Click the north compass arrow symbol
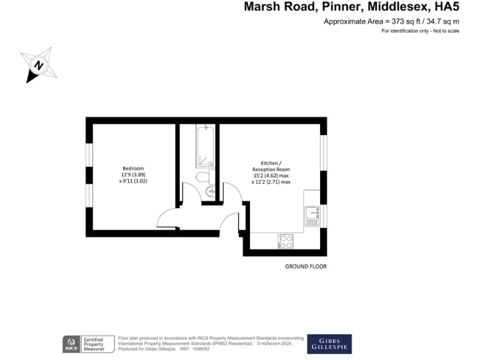click(x=38, y=65)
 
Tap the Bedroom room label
click(x=133, y=168)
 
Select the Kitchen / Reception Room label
click(x=271, y=166)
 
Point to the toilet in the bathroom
click(x=204, y=177)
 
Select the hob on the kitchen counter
click(x=286, y=241)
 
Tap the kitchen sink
click(x=312, y=216)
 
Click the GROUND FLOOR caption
click(x=306, y=266)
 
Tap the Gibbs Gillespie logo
click(x=329, y=344)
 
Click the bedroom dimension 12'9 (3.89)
click(x=133, y=174)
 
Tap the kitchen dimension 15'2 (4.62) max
click(x=271, y=176)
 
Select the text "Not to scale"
click(x=444, y=31)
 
